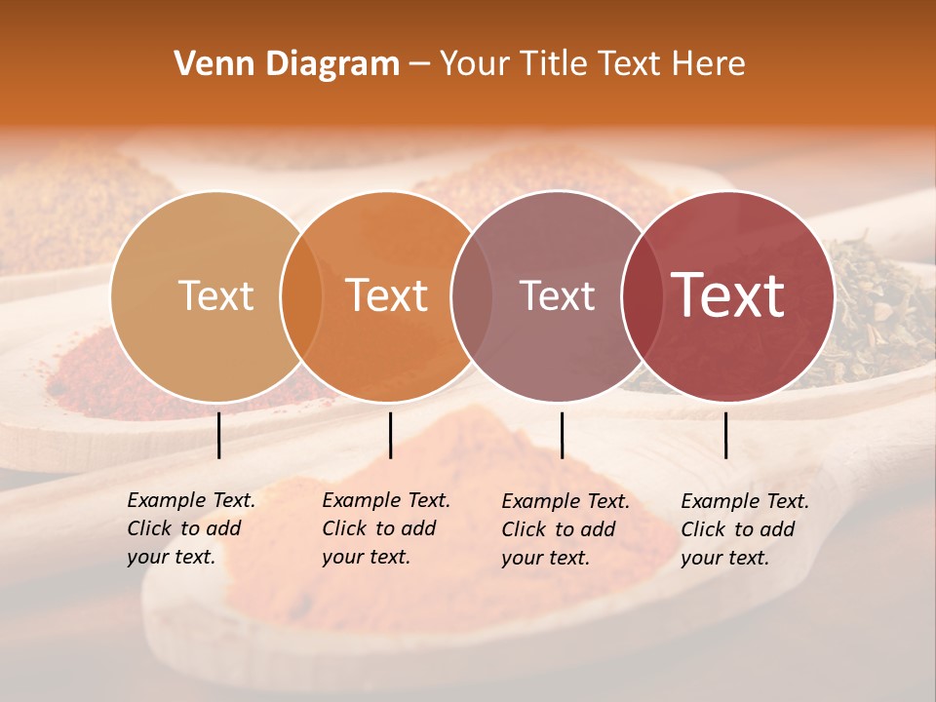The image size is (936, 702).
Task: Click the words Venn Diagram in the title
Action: (287, 64)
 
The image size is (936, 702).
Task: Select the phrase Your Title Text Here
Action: (592, 64)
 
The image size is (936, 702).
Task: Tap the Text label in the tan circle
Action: (215, 295)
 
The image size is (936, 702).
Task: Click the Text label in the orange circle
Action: (387, 295)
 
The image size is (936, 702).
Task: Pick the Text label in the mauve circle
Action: (557, 295)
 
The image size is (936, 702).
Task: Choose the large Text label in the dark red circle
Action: (728, 295)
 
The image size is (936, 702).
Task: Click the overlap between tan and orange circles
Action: (301, 295)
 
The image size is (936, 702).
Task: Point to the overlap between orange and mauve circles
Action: (468, 295)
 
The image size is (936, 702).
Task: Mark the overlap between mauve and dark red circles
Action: (639, 295)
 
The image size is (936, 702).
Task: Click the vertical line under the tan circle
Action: (219, 435)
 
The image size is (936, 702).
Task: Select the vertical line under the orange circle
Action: (390, 435)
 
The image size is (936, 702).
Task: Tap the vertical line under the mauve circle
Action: (562, 435)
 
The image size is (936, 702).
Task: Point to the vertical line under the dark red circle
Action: (726, 435)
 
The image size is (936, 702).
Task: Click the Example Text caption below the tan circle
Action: (191, 528)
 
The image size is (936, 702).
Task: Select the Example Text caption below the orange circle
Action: (386, 528)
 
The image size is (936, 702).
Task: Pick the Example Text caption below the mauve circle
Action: (565, 529)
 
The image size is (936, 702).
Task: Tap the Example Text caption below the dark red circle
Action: (745, 529)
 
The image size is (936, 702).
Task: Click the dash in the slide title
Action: (419, 64)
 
